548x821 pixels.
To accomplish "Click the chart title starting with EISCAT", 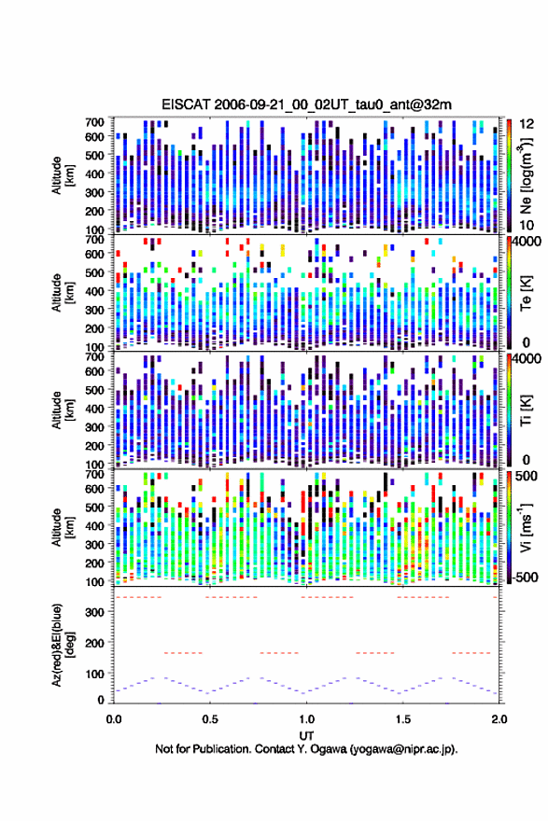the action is (x=306, y=104).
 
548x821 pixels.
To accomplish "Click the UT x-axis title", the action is (x=306, y=736).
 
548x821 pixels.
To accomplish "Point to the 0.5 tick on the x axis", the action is (x=210, y=719).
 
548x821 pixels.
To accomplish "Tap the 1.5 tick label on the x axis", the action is (x=403, y=719).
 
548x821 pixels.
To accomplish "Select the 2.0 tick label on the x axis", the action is (x=499, y=719).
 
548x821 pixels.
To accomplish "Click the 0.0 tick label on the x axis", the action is (x=114, y=719).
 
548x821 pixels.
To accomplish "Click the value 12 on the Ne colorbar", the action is (x=527, y=124).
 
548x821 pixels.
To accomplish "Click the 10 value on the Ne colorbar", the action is (x=527, y=225).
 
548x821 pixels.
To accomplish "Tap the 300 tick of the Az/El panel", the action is (x=95, y=612).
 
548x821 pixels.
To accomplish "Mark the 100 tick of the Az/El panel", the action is (x=95, y=674).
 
